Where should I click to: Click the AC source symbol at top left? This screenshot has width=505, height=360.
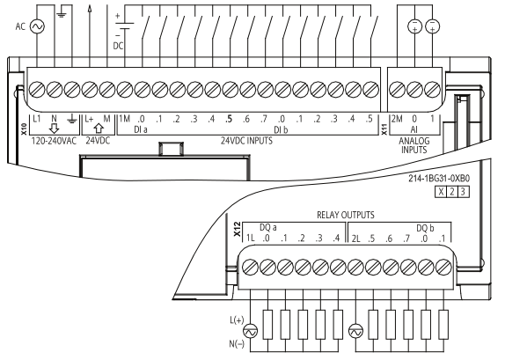click(x=37, y=27)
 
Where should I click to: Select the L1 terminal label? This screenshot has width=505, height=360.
click(x=38, y=119)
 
